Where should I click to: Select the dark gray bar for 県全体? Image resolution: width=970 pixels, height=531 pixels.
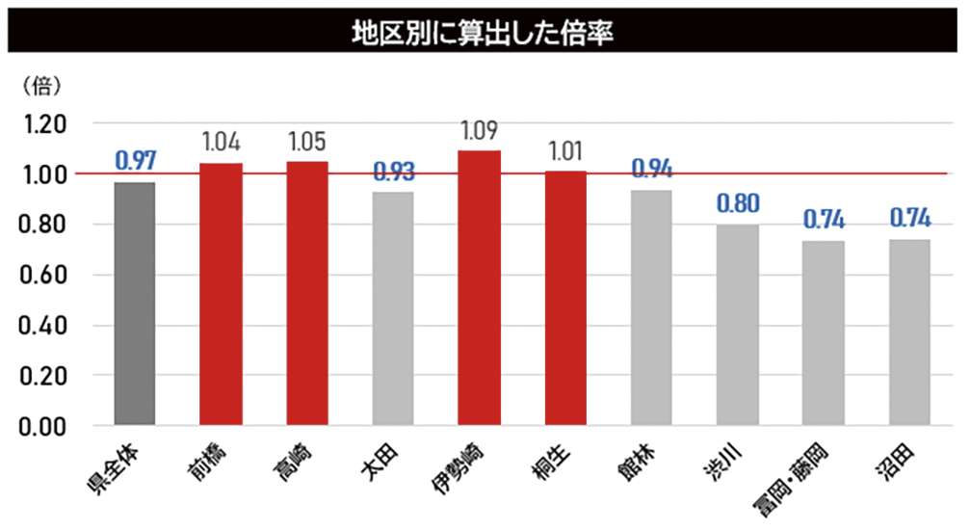coord(135,304)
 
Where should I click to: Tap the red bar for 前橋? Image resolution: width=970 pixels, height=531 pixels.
coord(221,294)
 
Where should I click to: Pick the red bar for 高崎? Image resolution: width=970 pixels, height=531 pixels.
coord(307,293)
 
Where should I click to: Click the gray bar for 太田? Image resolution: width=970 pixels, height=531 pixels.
coord(393,308)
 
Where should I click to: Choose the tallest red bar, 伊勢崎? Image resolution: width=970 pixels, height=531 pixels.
coord(479,288)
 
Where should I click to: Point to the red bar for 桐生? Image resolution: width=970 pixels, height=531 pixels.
coord(565,298)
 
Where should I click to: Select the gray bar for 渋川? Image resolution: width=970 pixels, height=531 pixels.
coord(737,325)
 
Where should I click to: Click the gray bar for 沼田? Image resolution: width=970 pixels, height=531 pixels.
coord(909,332)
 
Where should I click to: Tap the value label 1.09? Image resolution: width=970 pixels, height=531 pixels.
coord(479,131)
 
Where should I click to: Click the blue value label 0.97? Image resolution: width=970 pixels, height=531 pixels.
coord(135,161)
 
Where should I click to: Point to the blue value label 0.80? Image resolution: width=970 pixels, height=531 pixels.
coord(737,203)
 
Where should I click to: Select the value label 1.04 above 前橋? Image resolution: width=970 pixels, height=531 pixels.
coord(221,144)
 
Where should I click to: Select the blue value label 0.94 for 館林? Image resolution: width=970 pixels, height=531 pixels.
coord(651,169)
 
